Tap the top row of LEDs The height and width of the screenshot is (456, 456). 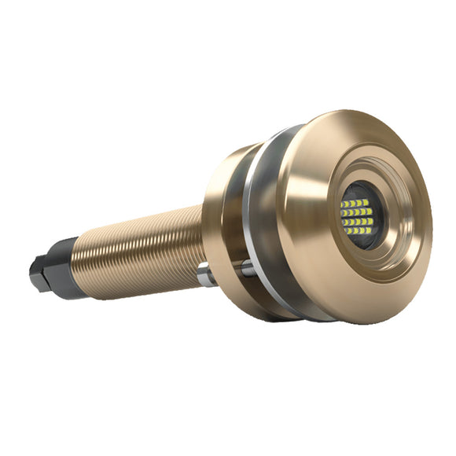[x=356, y=203]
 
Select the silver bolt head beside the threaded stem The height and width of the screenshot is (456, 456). [x=206, y=274]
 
